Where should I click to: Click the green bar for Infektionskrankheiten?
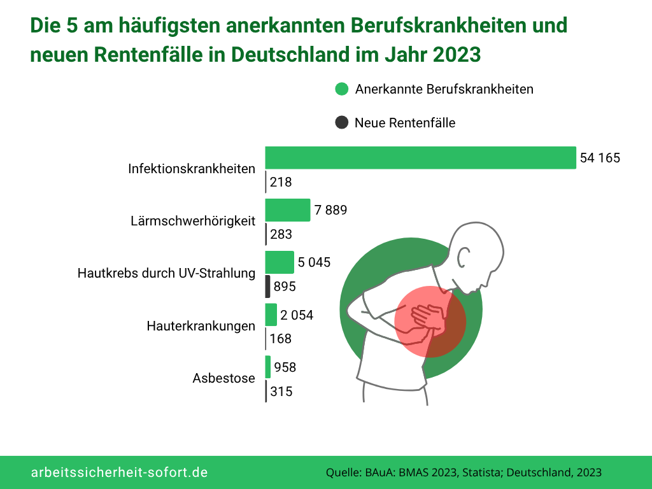pyautogui.click(x=420, y=158)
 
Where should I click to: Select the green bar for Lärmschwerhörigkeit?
pyautogui.click(x=287, y=210)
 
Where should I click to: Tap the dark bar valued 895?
pyautogui.click(x=268, y=287)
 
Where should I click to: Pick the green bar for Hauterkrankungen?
pyautogui.click(x=271, y=315)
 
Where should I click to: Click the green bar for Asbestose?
pyautogui.click(x=268, y=367)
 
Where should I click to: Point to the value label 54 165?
pyautogui.click(x=600, y=159)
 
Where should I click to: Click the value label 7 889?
pyautogui.click(x=330, y=210)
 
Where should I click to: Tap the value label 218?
pyautogui.click(x=281, y=182)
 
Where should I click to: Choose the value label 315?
pyautogui.click(x=281, y=392)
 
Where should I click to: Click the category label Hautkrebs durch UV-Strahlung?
pyautogui.click(x=166, y=273)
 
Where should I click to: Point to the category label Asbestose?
pyautogui.click(x=223, y=378)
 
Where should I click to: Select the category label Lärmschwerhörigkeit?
pyautogui.click(x=193, y=221)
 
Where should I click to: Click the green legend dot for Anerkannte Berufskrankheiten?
pyautogui.click(x=342, y=89)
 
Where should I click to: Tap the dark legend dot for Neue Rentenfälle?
pyautogui.click(x=342, y=122)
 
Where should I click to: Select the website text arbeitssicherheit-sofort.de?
pyautogui.click(x=120, y=472)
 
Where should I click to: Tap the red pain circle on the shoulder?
pyautogui.click(x=430, y=322)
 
